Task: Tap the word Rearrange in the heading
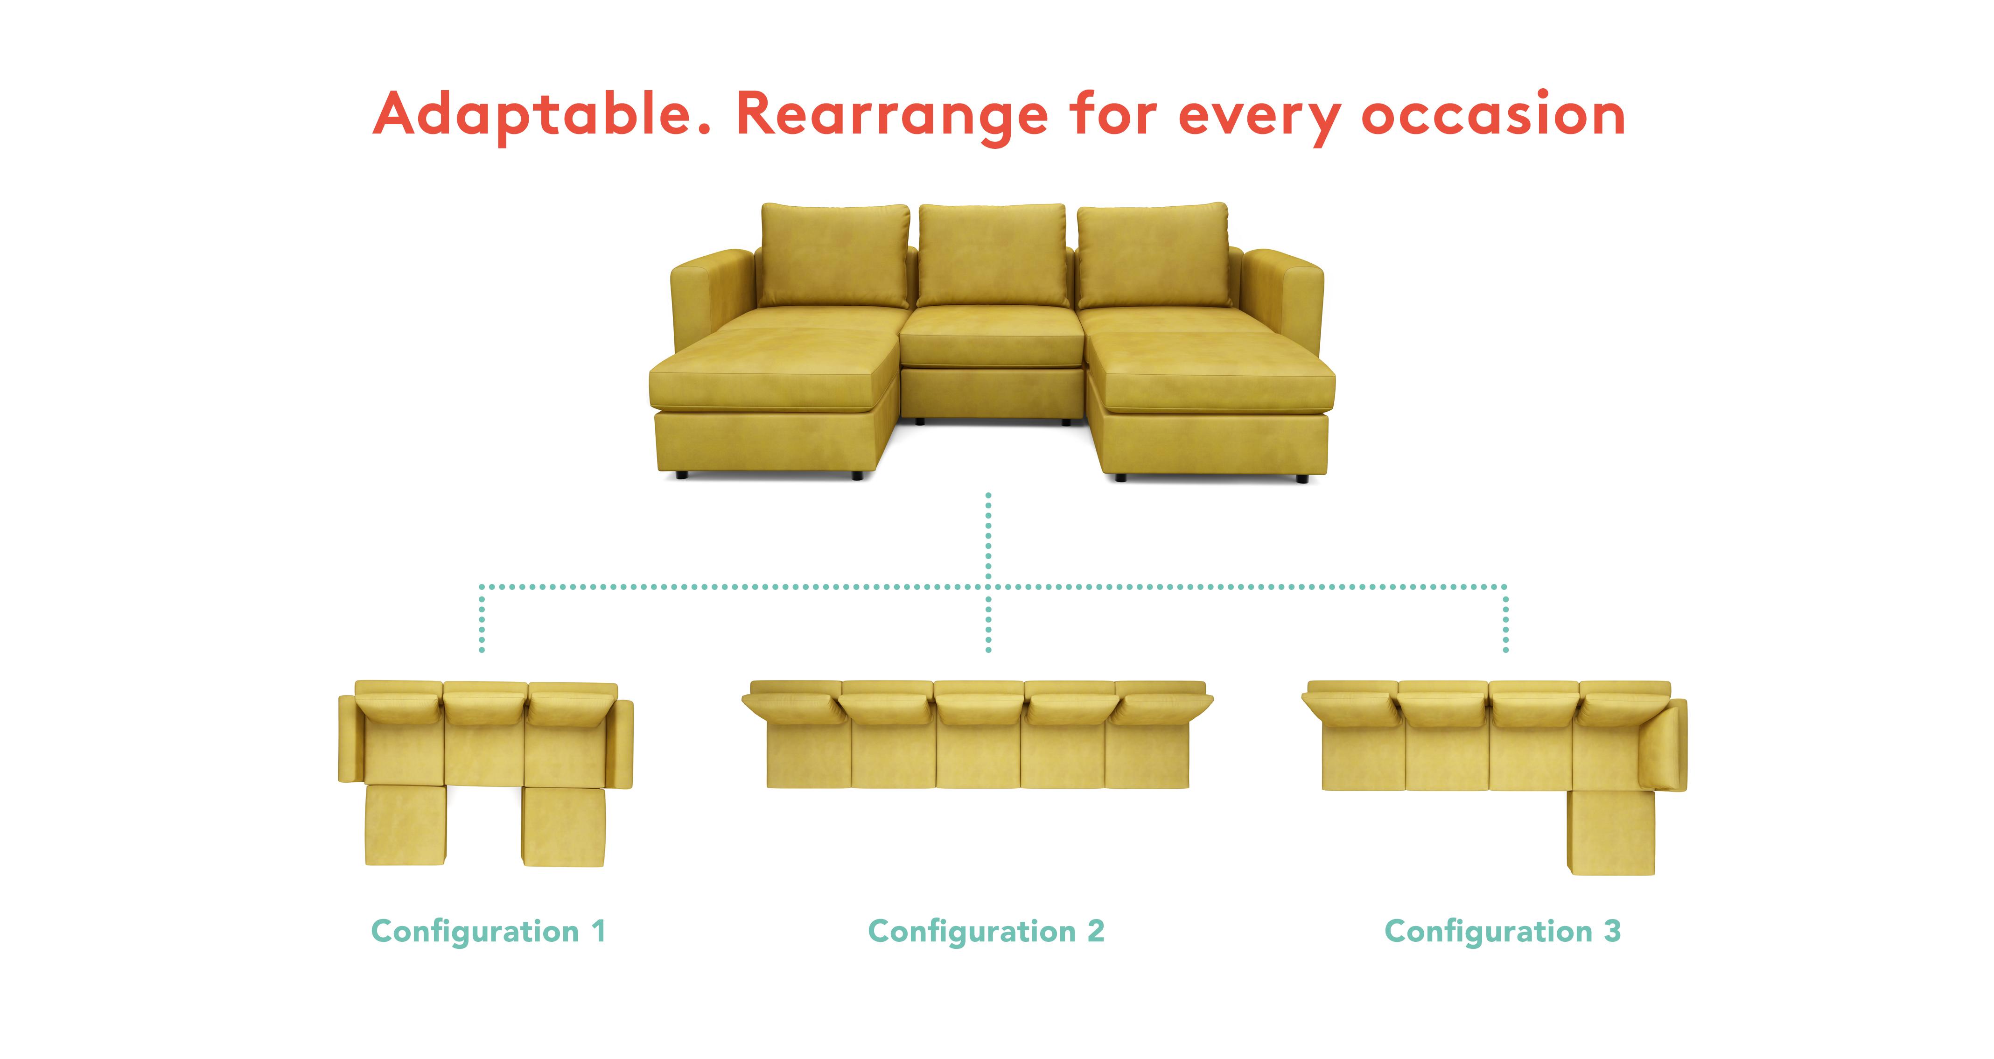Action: [892, 116]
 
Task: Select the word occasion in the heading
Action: [1493, 114]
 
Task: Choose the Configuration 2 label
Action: [986, 931]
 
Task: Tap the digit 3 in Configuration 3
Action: [1612, 931]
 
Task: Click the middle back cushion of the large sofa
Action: [993, 255]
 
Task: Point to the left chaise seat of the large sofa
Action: [774, 372]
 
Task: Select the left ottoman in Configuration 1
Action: [406, 825]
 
